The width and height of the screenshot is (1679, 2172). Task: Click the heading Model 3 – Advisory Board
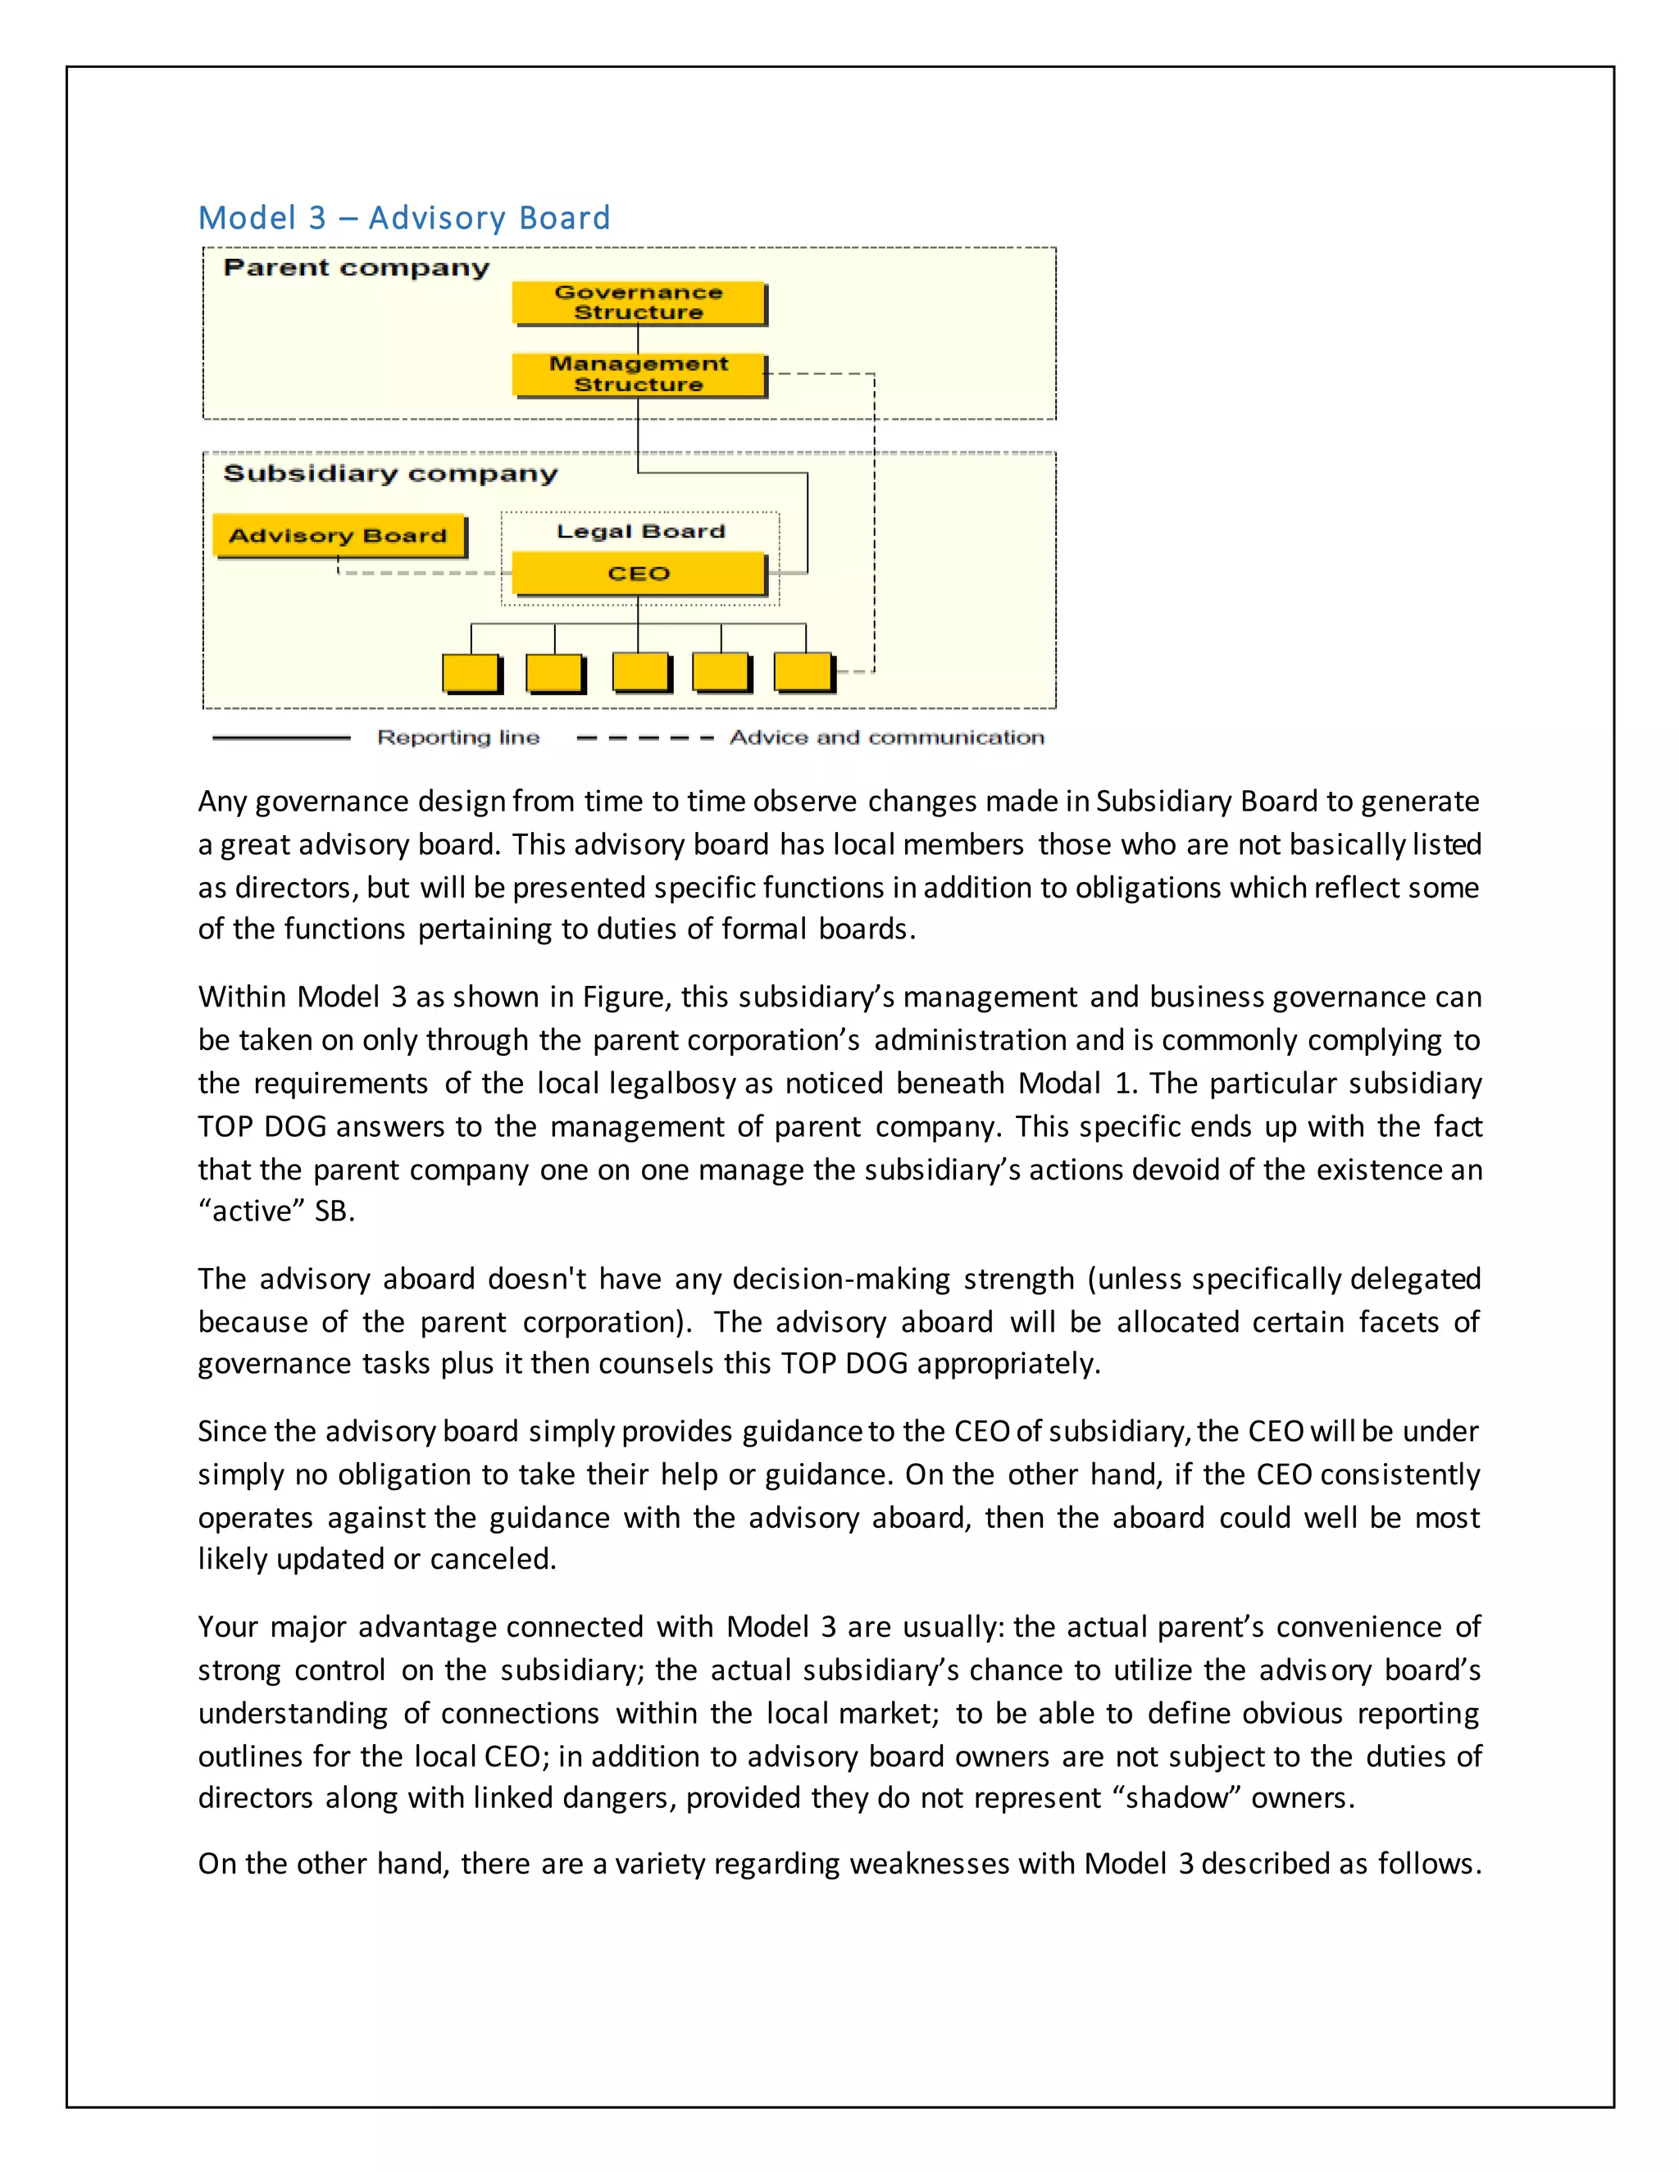pyautogui.click(x=404, y=218)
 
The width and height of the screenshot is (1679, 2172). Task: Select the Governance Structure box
pyautogui.click(x=639, y=302)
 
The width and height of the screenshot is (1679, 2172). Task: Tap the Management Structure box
pyautogui.click(x=639, y=374)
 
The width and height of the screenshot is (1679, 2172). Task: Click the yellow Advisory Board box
pyautogui.click(x=339, y=535)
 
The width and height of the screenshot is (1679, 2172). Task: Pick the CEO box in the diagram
pyautogui.click(x=639, y=574)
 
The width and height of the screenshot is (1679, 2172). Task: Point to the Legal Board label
pyautogui.click(x=640, y=531)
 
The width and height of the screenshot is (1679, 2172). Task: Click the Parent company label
pyautogui.click(x=356, y=267)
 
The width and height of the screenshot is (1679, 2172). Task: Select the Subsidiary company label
pyautogui.click(x=390, y=474)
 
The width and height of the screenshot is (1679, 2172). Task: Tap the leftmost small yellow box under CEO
pyautogui.click(x=471, y=672)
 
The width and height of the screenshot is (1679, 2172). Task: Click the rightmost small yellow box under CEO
pyautogui.click(x=803, y=672)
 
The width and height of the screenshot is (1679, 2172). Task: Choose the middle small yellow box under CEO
pyautogui.click(x=639, y=672)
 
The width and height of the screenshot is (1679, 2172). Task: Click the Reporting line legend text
pyautogui.click(x=457, y=737)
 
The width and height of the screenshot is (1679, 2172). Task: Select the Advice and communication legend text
pyautogui.click(x=886, y=737)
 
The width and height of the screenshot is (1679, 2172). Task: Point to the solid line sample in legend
pyautogui.click(x=281, y=738)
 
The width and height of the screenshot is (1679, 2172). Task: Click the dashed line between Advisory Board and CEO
pyautogui.click(x=418, y=573)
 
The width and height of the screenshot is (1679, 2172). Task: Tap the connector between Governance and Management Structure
pyautogui.click(x=638, y=339)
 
